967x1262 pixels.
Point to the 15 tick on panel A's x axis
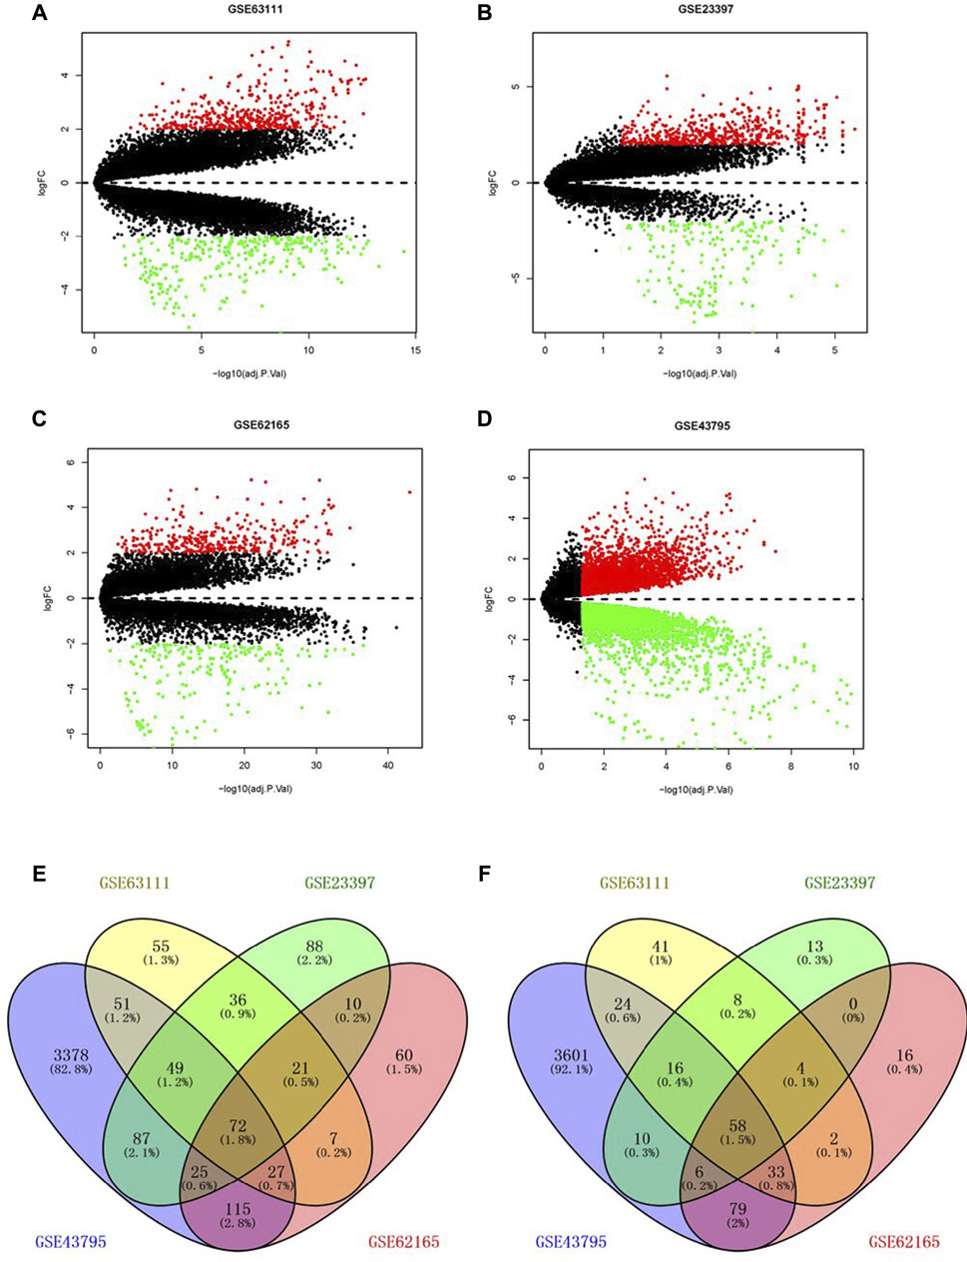click(415, 351)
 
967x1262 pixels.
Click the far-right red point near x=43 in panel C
click(409, 492)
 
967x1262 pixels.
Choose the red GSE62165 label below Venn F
click(903, 1242)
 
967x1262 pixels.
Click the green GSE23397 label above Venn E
click(339, 883)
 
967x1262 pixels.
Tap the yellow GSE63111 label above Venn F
click(634, 883)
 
